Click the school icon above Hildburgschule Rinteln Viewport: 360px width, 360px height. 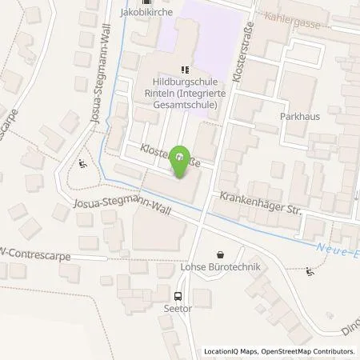click(x=185, y=69)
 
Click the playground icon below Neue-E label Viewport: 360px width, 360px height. click(x=311, y=271)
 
